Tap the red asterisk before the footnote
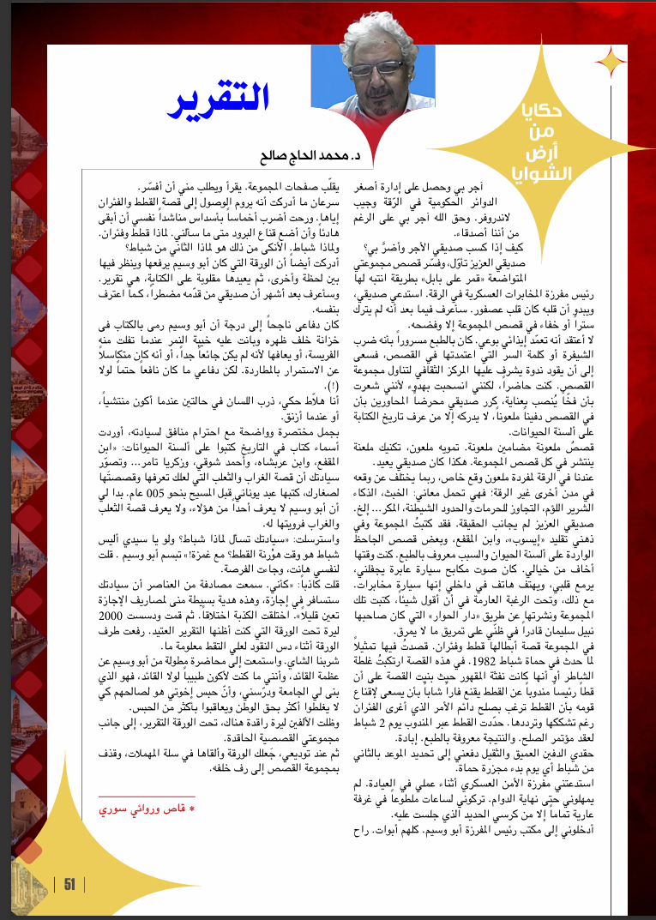(192, 809)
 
